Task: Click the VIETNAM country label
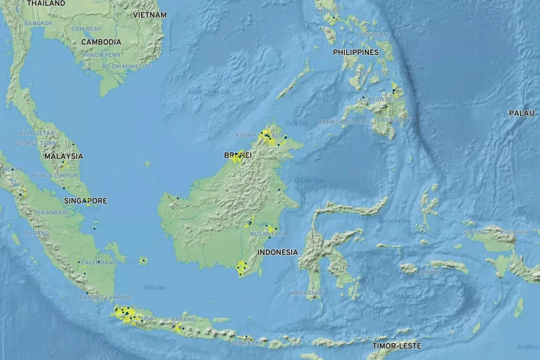pos(150,14)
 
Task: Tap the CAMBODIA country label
pos(101,42)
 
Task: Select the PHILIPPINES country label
pos(356,52)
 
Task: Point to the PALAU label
pos(522,113)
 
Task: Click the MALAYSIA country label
pos(64,156)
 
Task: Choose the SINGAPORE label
pos(85,200)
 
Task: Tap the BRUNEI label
pos(238,155)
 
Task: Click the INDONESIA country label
pos(277,252)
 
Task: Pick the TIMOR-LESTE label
pos(397,346)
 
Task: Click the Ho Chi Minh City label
pos(126,66)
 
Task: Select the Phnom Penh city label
pos(101,55)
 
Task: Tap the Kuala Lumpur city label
pos(55,175)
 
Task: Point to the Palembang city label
pos(99,262)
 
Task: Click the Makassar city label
pos(306,293)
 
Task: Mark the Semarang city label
pos(179,319)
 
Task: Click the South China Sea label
pos(208,92)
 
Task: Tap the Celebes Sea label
pos(308,180)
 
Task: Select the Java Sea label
pos(154,287)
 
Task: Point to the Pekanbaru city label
pos(52,212)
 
